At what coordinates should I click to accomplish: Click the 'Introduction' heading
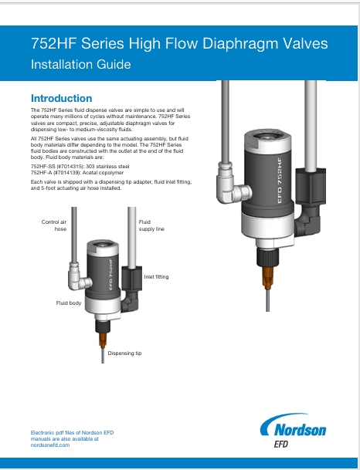[61, 99]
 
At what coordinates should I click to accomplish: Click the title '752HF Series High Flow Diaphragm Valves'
[179, 44]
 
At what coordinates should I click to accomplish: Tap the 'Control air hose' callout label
[54, 225]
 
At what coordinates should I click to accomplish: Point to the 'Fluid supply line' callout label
[151, 225]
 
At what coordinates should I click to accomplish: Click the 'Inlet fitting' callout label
[156, 276]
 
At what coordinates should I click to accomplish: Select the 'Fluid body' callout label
[69, 303]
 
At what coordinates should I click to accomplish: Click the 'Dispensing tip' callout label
[124, 353]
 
